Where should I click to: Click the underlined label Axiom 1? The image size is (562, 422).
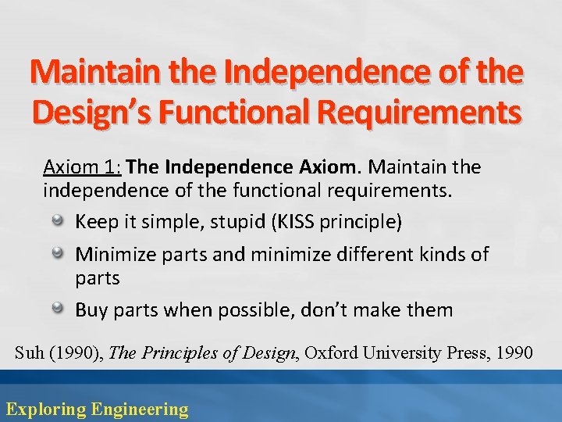tap(83, 167)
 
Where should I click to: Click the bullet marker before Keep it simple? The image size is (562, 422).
tap(59, 222)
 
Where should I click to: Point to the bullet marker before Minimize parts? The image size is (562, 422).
tap(59, 254)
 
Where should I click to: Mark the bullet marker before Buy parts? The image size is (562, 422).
tap(59, 309)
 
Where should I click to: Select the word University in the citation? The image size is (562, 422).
tap(406, 353)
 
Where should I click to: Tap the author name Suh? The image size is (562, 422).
tap(30, 353)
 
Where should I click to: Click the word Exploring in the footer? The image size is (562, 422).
tap(45, 409)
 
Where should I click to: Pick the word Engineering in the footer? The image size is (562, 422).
tap(140, 409)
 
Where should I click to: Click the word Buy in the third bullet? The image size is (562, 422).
tap(91, 310)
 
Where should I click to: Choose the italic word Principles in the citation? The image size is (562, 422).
tap(177, 353)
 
